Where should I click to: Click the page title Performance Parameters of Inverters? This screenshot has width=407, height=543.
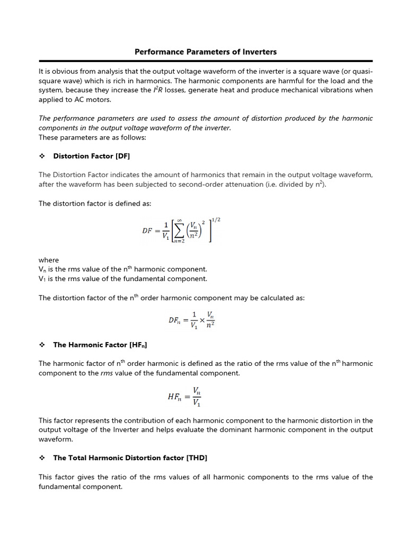206,52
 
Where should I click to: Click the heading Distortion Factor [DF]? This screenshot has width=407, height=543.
91,156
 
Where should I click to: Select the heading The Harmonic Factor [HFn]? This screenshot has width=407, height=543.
100,345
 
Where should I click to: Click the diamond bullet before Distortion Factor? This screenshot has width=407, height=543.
42,156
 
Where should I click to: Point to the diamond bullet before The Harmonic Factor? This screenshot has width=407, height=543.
42,345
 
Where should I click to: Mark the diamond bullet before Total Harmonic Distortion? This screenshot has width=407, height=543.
42,458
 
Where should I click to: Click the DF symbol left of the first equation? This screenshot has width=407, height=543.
149,231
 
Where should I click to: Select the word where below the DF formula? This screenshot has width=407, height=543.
49,260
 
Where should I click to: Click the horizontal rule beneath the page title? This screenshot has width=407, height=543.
206,61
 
